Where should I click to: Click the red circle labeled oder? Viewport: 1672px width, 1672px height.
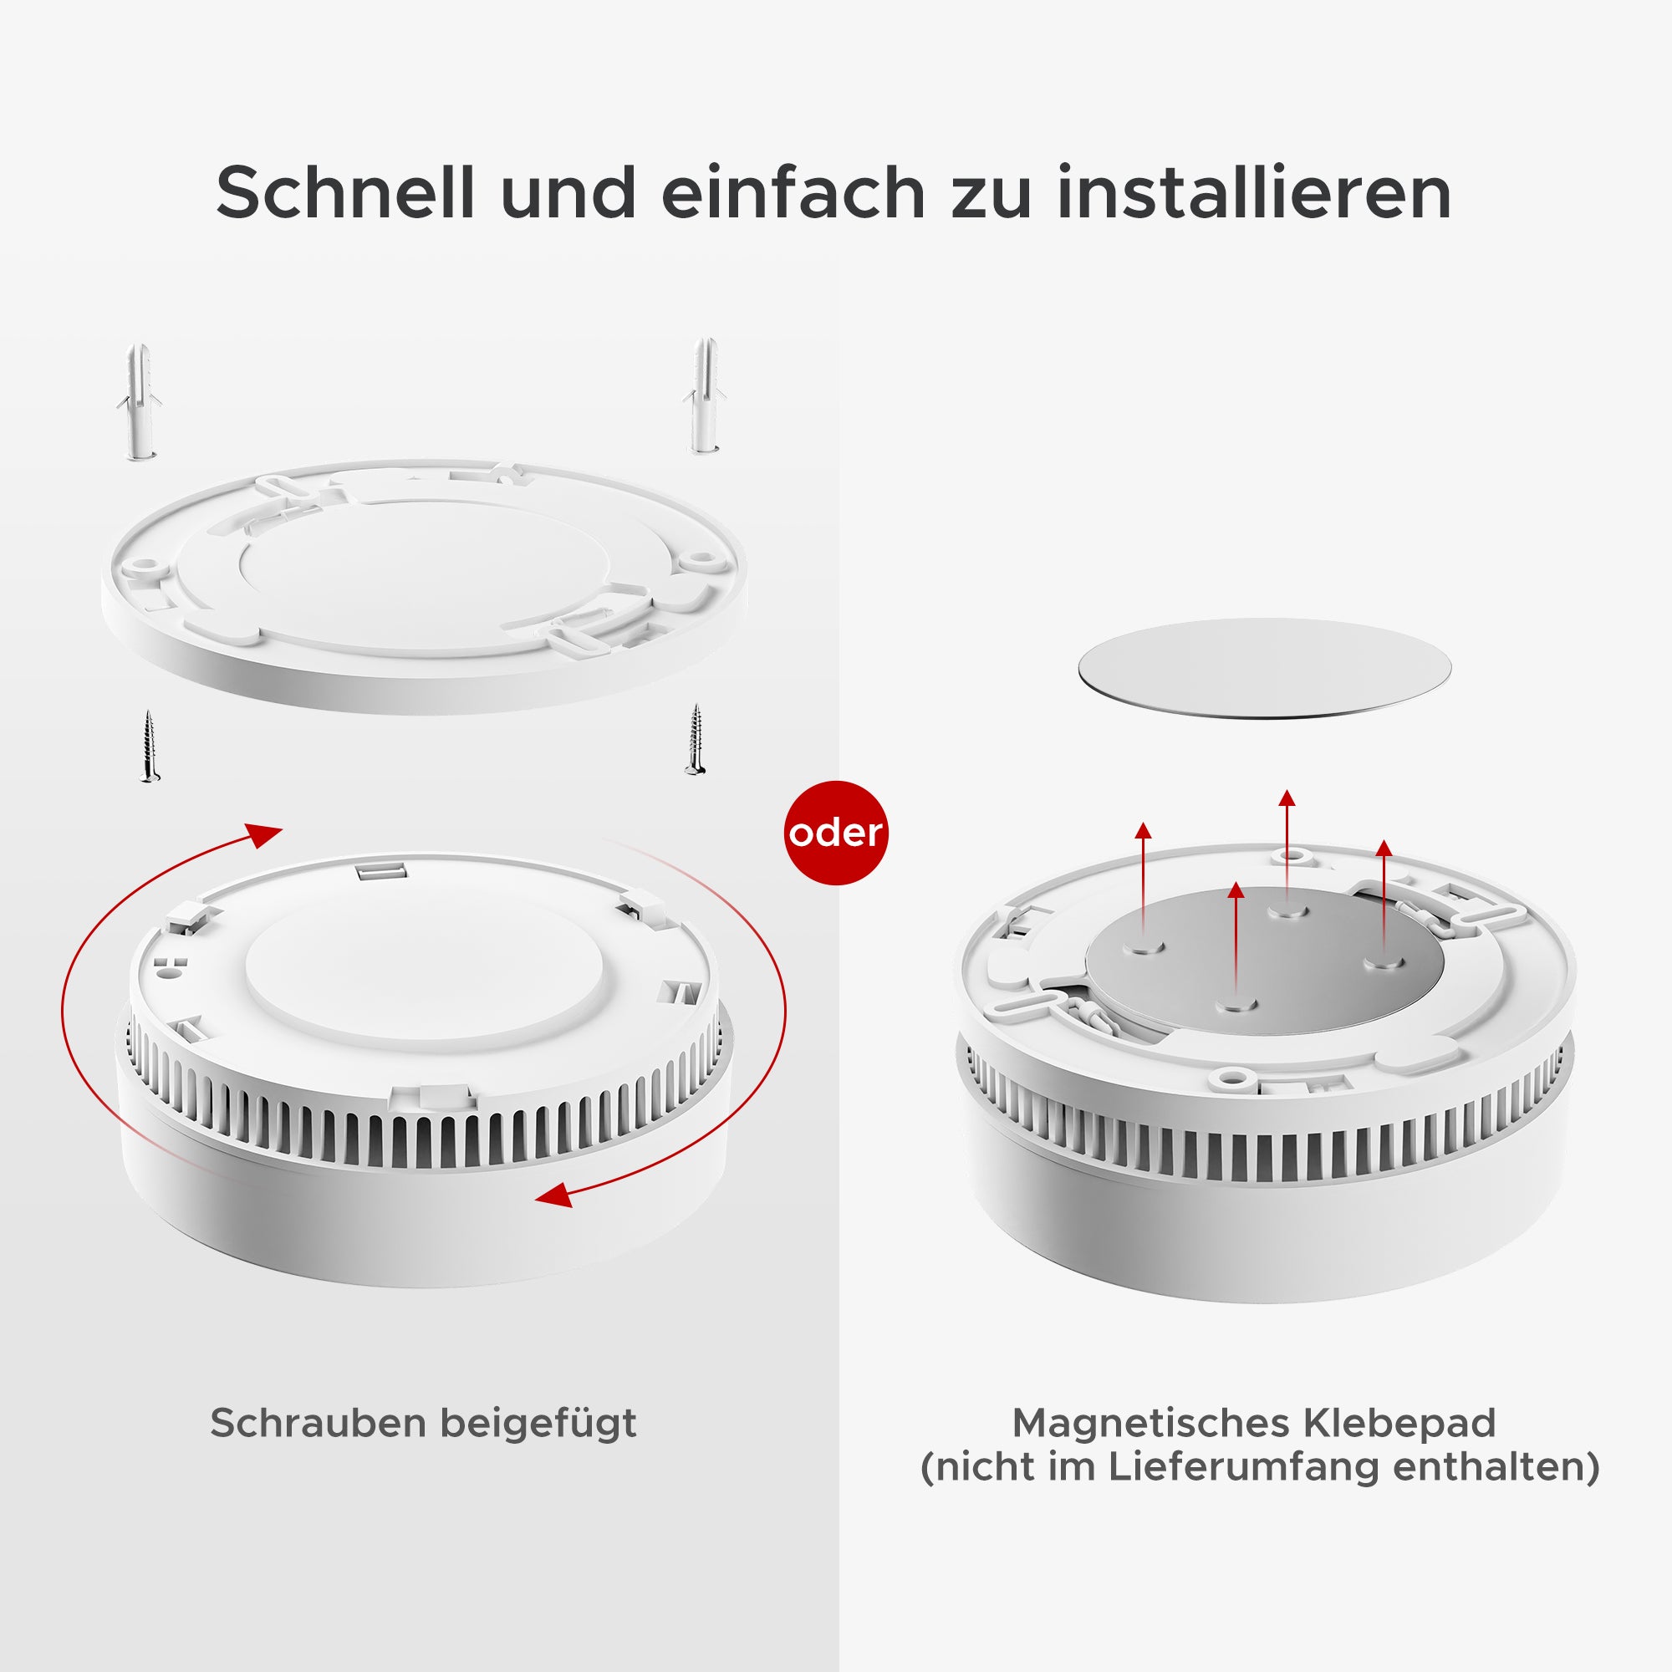coord(836,833)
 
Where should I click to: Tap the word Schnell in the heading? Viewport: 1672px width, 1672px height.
coord(345,192)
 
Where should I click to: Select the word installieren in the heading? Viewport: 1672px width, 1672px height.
coord(1254,192)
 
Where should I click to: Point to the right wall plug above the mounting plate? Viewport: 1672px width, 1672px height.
coord(706,395)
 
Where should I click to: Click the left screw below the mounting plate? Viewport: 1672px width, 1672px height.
coord(150,746)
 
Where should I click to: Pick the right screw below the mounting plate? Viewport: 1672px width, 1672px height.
coord(695,739)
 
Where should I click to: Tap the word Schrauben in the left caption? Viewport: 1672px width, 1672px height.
coord(319,1424)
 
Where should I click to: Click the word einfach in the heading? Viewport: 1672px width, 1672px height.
coord(793,192)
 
